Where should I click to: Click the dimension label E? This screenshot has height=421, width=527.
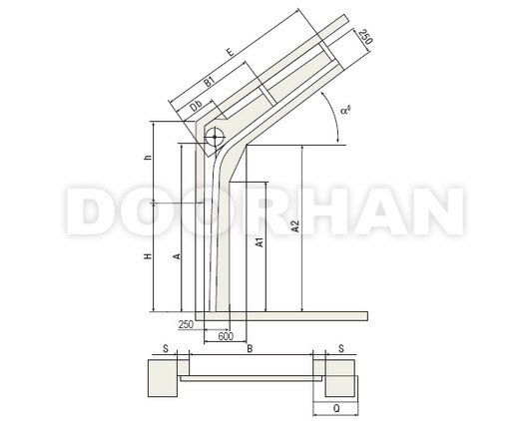click(231, 52)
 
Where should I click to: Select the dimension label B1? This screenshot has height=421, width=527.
click(210, 82)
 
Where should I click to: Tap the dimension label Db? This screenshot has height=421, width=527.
click(196, 106)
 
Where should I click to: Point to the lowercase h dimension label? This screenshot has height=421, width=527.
click(148, 157)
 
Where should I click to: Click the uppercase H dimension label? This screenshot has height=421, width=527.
click(148, 256)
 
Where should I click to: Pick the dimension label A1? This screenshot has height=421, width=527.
click(261, 242)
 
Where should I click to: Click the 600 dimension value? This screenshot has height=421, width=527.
click(226, 336)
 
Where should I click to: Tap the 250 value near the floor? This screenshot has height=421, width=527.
click(186, 324)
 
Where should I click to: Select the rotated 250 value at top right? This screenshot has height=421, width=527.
click(365, 37)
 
